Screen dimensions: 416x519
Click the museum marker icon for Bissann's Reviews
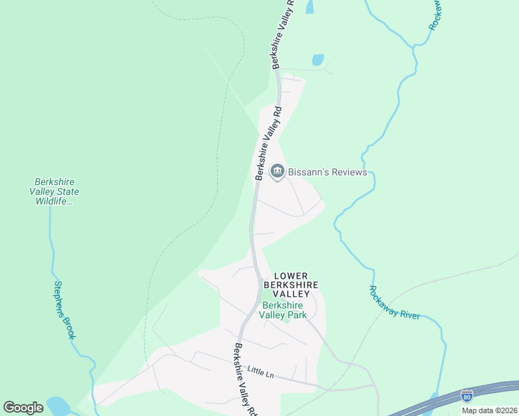(x=278, y=171)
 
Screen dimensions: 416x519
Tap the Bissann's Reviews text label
(x=327, y=172)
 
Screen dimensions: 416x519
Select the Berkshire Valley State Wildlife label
(x=54, y=191)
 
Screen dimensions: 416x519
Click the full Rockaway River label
(x=394, y=303)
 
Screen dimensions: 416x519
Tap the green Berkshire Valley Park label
(x=283, y=310)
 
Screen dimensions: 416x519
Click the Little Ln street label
(x=261, y=372)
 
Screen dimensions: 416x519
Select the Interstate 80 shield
(x=467, y=396)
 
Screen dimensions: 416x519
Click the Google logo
(x=23, y=408)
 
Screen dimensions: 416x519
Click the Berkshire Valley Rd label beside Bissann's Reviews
(x=268, y=143)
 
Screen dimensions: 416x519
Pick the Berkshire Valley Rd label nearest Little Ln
(x=244, y=380)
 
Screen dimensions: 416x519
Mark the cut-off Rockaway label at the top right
(x=436, y=14)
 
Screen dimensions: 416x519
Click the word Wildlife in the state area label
(x=53, y=201)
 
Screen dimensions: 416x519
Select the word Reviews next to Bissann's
(x=348, y=172)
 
